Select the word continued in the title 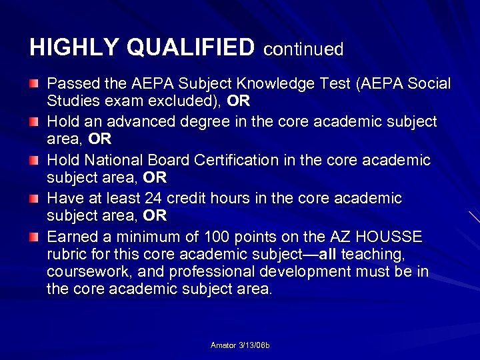tap(303, 49)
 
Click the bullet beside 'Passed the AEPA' tap(34, 84)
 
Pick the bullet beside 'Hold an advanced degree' tap(34, 122)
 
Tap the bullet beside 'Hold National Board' tap(34, 161)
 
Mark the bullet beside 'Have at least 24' tap(34, 199)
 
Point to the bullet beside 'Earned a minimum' tap(34, 237)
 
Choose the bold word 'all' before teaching tap(327, 254)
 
